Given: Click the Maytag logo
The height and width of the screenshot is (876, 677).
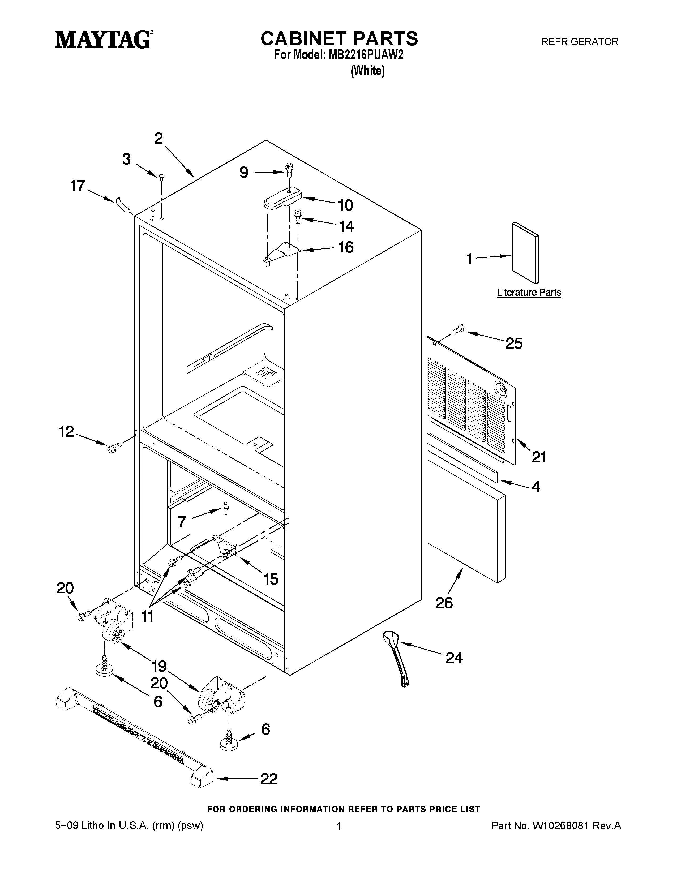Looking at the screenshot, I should (104, 40).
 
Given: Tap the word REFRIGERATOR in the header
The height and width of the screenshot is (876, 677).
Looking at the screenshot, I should (580, 42).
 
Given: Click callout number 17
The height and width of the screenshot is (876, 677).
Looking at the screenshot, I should (78, 186).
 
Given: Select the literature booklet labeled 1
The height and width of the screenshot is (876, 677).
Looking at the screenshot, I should (525, 253).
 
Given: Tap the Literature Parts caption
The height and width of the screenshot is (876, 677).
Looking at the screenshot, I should (529, 293).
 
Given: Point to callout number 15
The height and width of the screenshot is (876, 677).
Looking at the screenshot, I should (271, 579).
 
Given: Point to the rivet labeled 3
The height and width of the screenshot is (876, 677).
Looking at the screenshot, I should (161, 177).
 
